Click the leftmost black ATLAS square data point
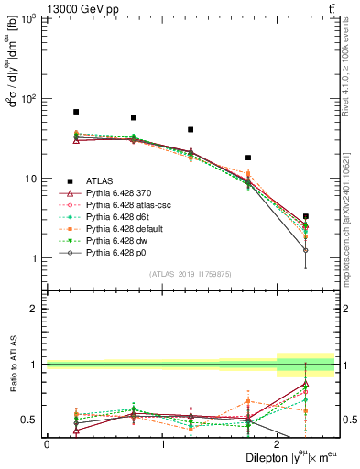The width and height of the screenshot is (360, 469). click(76, 112)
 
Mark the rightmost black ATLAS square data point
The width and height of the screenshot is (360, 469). click(306, 216)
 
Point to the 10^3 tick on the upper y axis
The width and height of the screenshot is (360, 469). click(36, 18)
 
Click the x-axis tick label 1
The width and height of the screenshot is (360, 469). click(162, 444)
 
